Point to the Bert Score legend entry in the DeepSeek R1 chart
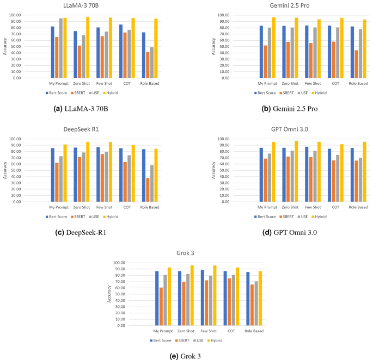pos(59,216)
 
